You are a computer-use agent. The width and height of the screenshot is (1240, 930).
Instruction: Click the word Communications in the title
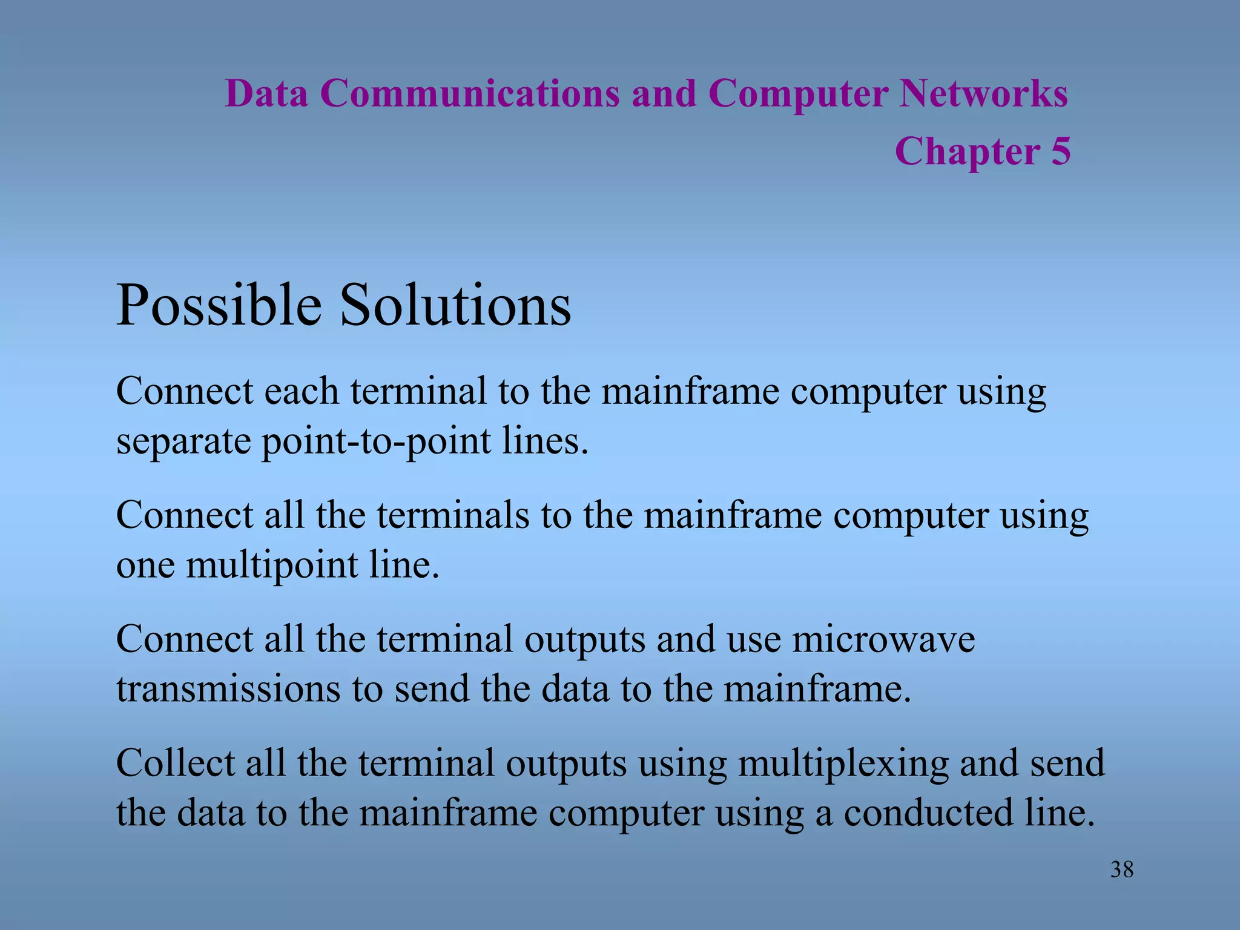coord(470,94)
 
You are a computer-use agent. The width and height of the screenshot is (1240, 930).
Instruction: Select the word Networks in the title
coord(983,94)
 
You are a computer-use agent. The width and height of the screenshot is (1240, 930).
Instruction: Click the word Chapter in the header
coord(967,152)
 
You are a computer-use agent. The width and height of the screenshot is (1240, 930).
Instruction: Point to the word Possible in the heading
coord(219,305)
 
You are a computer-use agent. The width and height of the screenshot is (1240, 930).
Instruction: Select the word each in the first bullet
coord(301,391)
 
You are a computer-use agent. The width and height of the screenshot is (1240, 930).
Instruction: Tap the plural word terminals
coord(452,516)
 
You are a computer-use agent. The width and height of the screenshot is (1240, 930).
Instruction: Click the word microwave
coord(883,639)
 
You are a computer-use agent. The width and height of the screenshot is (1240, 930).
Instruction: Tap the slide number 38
coord(1121,870)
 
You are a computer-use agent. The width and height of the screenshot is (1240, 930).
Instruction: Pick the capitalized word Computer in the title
coord(798,95)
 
